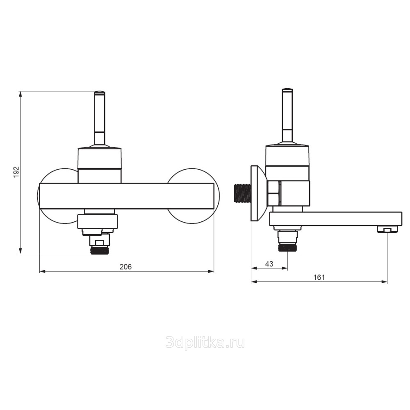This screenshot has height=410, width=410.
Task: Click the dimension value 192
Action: click(16, 172)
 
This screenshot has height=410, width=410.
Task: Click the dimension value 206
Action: click(126, 267)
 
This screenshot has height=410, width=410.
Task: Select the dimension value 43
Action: click(269, 264)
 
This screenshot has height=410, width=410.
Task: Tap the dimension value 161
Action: click(319, 277)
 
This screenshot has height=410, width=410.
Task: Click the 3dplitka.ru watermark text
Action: click(205, 342)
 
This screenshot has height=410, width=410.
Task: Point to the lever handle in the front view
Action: click(100, 118)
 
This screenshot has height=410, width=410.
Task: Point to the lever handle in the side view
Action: click(287, 116)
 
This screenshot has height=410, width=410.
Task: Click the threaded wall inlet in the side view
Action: click(242, 193)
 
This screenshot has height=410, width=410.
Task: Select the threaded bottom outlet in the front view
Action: click(99, 250)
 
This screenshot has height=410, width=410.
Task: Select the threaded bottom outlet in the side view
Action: click(287, 247)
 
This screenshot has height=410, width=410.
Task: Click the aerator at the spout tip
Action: click(387, 229)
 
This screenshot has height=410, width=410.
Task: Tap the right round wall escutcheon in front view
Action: click(193, 196)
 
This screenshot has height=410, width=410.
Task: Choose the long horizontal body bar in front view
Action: click(127, 196)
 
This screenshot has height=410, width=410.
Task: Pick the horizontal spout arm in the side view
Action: click(336, 219)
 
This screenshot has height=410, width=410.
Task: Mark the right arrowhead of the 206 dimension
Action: click(211, 271)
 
